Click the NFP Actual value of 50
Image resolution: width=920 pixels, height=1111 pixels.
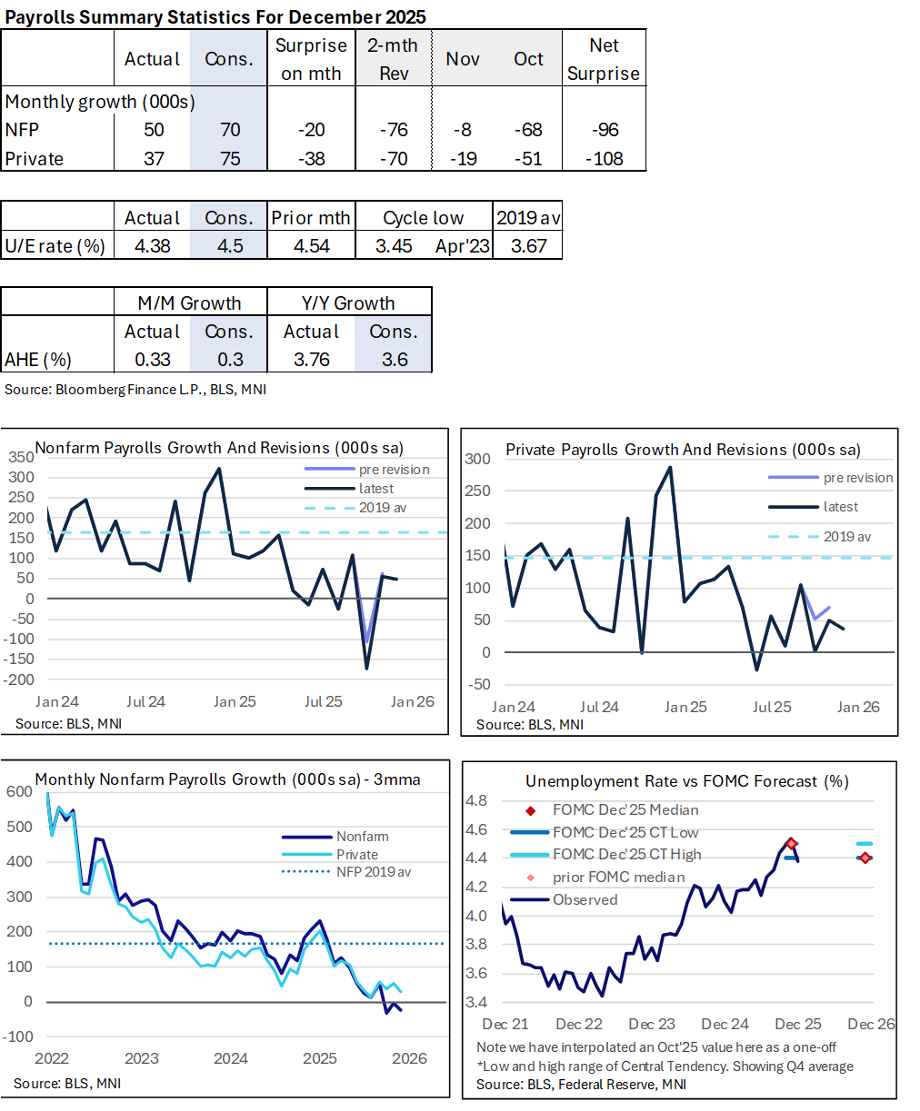click(x=154, y=130)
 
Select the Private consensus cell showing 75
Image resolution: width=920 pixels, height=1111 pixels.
click(x=230, y=159)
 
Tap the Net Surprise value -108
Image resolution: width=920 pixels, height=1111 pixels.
click(x=604, y=159)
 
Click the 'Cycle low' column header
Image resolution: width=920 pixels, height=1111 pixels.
click(x=423, y=218)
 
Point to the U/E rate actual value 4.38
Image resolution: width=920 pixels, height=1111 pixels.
click(x=152, y=246)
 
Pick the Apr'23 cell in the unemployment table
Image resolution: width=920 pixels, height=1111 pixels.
click(x=463, y=246)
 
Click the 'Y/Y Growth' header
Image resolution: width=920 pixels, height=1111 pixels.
click(x=348, y=303)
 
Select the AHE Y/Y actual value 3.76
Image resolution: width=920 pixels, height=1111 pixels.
click(x=311, y=360)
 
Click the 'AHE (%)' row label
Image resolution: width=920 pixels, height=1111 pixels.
click(x=38, y=360)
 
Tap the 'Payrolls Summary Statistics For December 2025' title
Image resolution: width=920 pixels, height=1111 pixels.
click(x=215, y=17)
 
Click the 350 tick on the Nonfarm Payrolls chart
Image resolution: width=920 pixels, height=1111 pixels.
click(x=22, y=457)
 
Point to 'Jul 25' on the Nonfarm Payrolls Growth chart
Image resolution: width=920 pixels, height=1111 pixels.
click(x=323, y=701)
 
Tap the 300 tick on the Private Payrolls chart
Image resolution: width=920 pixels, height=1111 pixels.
click(x=478, y=459)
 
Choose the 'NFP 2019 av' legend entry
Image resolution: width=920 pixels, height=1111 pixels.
click(x=373, y=872)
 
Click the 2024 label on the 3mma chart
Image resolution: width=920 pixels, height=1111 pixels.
click(x=230, y=1058)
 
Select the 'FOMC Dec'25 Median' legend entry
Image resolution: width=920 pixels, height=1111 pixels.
click(x=625, y=809)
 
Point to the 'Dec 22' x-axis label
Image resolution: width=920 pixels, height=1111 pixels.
click(x=579, y=1024)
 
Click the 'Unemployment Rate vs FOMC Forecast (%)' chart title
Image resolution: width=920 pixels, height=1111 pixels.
click(x=686, y=781)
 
